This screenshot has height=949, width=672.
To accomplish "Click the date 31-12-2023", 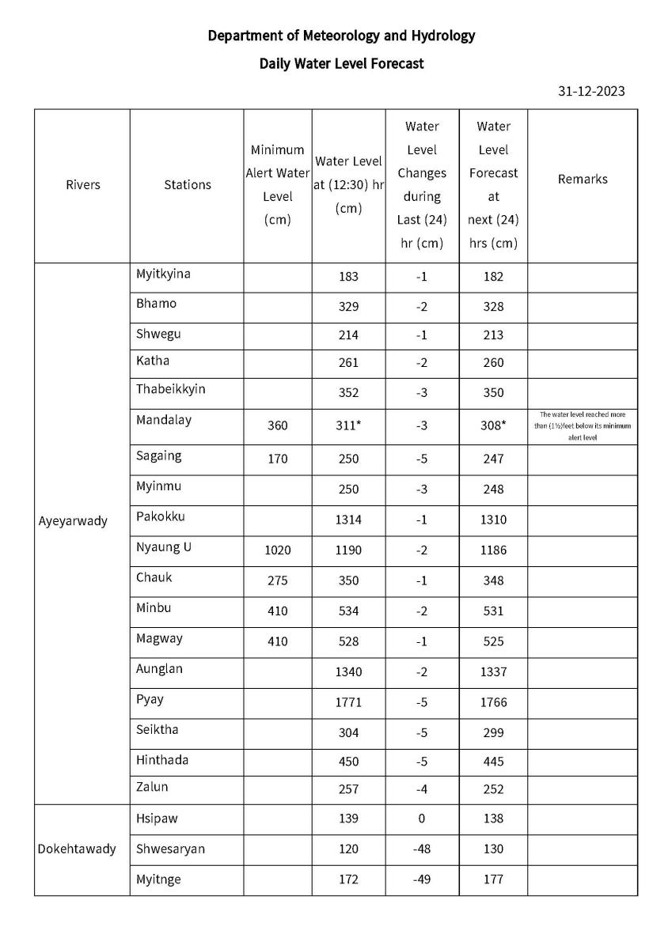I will click(x=591, y=91).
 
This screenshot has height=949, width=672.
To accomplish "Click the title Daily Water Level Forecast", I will click(x=341, y=63).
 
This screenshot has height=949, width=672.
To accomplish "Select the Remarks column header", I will click(x=583, y=179).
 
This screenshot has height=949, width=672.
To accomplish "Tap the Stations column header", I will click(x=188, y=184).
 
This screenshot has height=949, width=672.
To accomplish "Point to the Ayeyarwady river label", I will click(x=73, y=521).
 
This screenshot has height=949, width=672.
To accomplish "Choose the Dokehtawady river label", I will click(x=77, y=849).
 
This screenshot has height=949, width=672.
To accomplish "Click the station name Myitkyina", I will click(x=163, y=274).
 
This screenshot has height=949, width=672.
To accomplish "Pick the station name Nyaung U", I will click(x=164, y=547).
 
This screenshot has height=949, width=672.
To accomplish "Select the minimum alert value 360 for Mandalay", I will click(x=277, y=425).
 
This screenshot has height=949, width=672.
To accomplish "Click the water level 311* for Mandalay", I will click(x=348, y=425).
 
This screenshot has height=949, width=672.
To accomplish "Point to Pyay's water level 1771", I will click(x=348, y=702).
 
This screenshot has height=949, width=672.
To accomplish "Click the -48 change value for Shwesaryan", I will click(x=422, y=849).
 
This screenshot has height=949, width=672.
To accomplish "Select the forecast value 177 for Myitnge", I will click(x=492, y=879).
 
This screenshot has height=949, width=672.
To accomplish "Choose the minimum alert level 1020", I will click(x=277, y=550).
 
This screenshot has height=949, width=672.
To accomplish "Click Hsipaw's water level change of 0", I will click(x=422, y=819).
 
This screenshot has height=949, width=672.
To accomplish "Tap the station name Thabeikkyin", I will click(x=170, y=389).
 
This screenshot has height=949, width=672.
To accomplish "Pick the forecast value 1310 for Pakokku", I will click(x=492, y=520).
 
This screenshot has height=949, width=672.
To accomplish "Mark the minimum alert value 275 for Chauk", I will click(x=277, y=580).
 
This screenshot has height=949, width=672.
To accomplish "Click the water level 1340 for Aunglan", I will click(x=348, y=671).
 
